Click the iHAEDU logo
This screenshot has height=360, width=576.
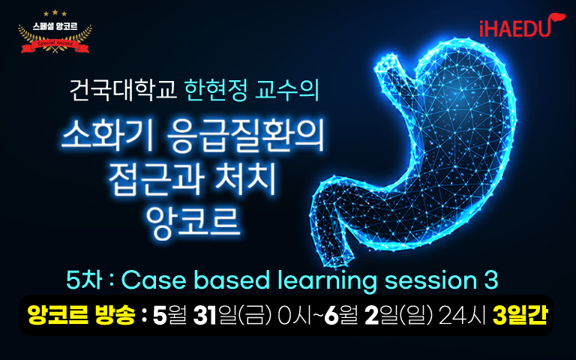522,25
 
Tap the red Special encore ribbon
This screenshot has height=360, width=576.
55,46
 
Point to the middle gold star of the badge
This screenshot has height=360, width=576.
55,13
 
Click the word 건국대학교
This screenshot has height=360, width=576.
123,90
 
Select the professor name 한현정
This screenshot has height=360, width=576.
216,90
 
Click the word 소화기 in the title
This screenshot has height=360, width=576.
106,136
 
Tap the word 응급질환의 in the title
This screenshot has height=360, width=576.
245,136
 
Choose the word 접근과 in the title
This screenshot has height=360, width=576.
156,179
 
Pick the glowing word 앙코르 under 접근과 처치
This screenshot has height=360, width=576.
193,221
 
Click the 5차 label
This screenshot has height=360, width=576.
84,280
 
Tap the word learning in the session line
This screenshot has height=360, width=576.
327,281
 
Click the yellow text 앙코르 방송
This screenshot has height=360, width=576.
81,315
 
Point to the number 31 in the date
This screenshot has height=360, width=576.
205,316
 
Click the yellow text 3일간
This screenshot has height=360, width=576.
520,315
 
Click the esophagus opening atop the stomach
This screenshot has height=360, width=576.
386,61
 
